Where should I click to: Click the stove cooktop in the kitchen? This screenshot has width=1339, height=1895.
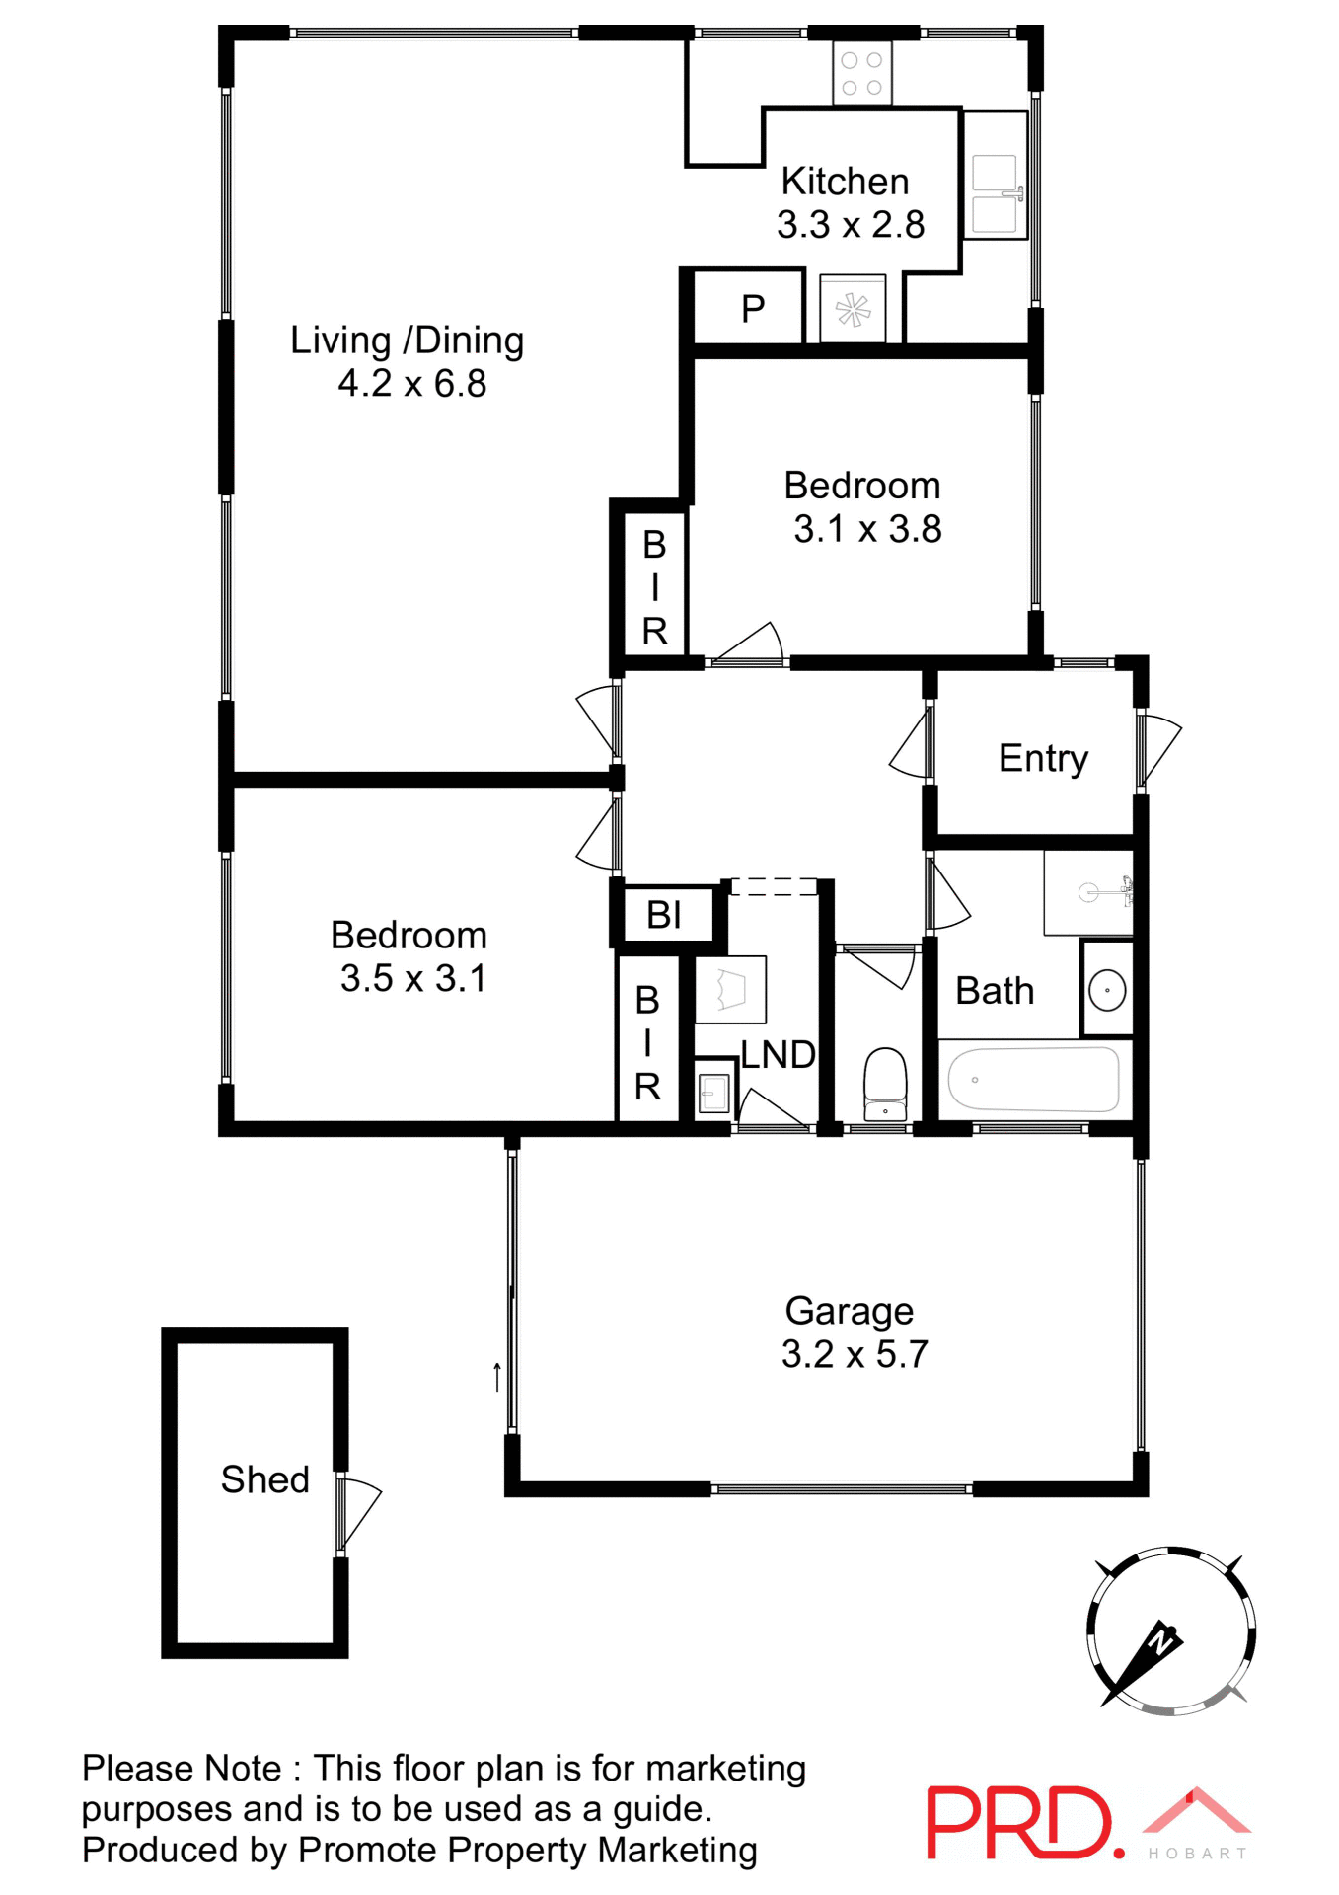pos(861,73)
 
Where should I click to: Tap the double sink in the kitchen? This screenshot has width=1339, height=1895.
pos(995,194)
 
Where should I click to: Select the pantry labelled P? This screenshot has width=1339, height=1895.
pos(753,309)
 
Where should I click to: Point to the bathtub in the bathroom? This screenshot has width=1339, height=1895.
pos(1033,1080)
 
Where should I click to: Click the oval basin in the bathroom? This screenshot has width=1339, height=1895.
pos(1107,990)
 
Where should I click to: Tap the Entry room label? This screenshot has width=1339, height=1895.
pos(1043,758)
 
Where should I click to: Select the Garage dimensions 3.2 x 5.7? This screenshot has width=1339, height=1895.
pos(855,1354)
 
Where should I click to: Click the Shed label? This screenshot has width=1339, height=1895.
pos(264,1479)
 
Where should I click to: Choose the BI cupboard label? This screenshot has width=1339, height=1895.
pos(664,915)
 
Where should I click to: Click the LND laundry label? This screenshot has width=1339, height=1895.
pos(778,1055)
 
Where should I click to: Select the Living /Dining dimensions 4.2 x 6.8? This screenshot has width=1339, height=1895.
pos(411,384)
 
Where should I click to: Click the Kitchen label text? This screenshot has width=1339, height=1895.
pos(845,182)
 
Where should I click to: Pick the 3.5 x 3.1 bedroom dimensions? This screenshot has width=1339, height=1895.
pos(412,978)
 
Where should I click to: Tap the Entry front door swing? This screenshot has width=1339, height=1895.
pos(1160,753)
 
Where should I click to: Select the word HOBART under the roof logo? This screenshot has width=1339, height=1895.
pos(1197,1854)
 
